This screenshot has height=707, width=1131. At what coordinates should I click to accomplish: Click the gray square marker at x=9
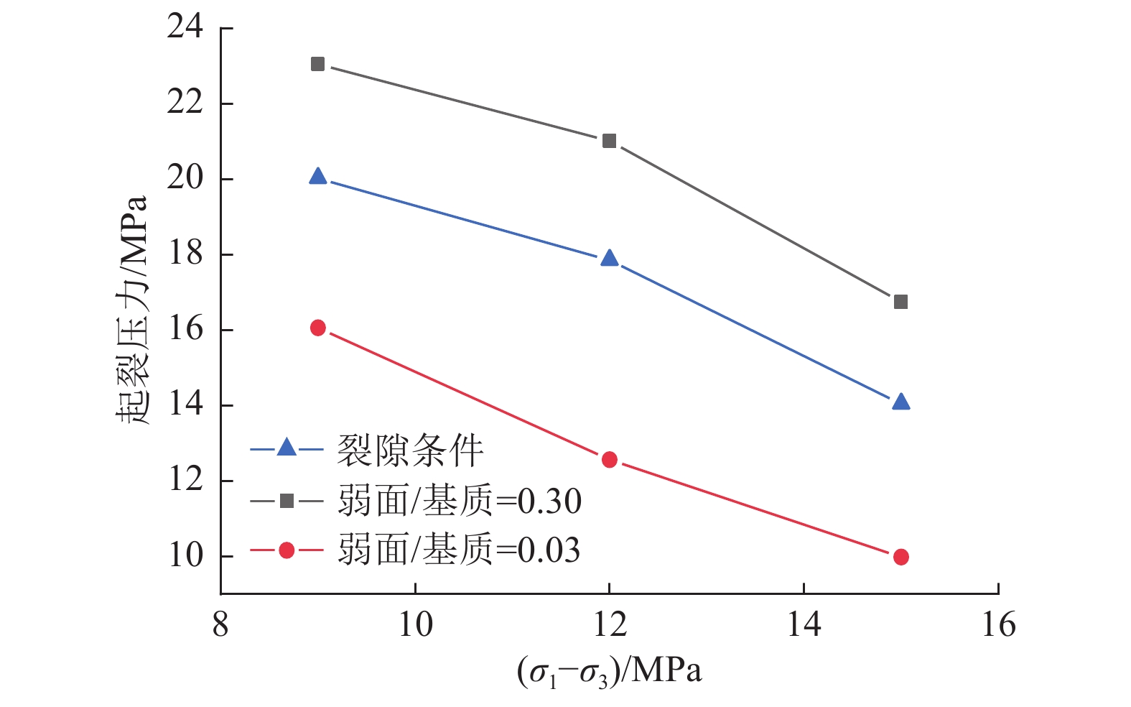coord(317,65)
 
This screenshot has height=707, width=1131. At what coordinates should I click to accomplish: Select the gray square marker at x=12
coord(609,141)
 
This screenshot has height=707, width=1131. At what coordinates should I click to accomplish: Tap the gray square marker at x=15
coord(900,302)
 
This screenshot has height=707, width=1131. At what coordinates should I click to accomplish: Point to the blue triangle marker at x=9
coord(317,177)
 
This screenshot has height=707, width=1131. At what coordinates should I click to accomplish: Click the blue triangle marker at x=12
coord(609,259)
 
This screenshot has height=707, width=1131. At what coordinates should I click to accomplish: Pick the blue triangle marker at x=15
coord(900,402)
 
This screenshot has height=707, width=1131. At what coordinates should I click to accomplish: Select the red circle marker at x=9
coord(317,328)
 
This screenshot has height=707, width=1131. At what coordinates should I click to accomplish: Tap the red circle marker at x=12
coord(609,460)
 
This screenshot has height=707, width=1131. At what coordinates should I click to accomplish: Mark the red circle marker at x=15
coord(900,557)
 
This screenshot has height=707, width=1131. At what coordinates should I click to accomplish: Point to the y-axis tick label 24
coord(185,27)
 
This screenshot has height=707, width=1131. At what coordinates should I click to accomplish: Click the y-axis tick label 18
coord(185,254)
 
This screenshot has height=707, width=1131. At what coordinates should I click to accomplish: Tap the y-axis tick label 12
coord(185,480)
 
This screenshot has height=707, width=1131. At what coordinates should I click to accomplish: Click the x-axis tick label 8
coord(220,625)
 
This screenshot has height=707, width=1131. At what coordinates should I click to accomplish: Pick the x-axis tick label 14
coord(804,625)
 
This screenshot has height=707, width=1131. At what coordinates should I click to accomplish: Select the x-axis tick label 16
coord(998,625)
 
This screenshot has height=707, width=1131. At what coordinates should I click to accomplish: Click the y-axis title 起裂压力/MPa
coord(132,309)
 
